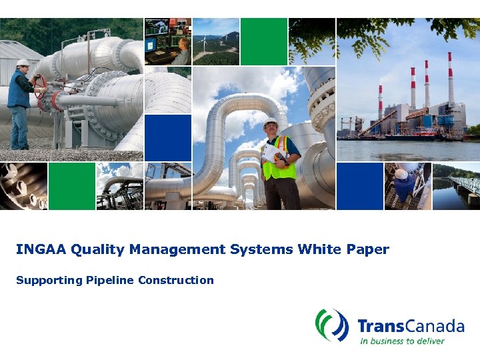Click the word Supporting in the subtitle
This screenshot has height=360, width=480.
(x=49, y=280)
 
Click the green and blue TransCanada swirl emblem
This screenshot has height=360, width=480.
(x=332, y=325)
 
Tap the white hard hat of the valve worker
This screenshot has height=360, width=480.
(x=23, y=63)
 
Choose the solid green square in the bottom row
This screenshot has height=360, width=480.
(x=71, y=186)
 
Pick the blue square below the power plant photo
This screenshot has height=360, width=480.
(x=359, y=186)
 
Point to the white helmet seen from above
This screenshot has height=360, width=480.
(x=401, y=174)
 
